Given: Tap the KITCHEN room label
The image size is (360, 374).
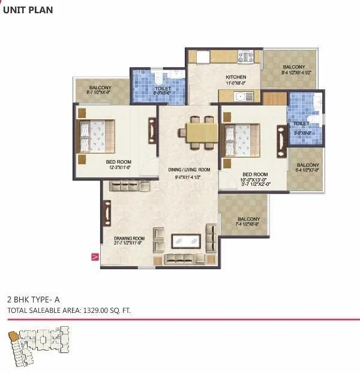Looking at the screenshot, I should [236, 78].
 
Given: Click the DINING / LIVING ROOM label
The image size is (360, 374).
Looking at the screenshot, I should [188, 170].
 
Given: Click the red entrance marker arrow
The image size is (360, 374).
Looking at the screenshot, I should [94, 257].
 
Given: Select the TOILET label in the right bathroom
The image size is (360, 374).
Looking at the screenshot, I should [301, 123].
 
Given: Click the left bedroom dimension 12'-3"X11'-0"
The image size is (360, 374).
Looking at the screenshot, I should [119, 168].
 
